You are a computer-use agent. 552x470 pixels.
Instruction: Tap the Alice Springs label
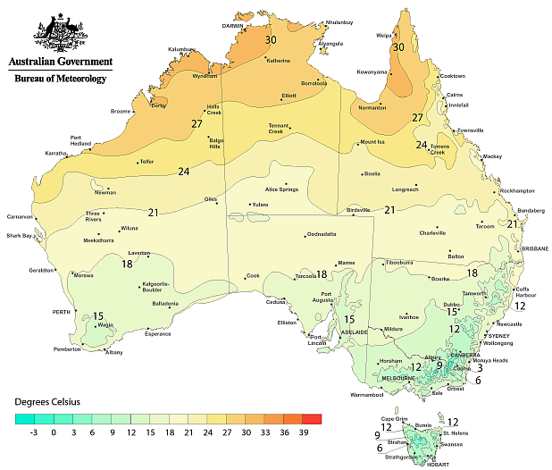[280, 189]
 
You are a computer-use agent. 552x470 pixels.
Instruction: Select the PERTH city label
[61, 312]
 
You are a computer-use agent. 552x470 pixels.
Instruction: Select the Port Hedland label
[82, 140]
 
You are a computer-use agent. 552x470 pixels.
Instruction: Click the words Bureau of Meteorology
[61, 79]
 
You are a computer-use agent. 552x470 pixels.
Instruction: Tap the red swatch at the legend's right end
[312, 417]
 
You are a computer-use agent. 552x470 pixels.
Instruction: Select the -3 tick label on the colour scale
[34, 432]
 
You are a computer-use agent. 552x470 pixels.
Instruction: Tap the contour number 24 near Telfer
[184, 172]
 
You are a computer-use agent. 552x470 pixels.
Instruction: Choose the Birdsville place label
[358, 209]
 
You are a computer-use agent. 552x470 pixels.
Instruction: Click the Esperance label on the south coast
[158, 334]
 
